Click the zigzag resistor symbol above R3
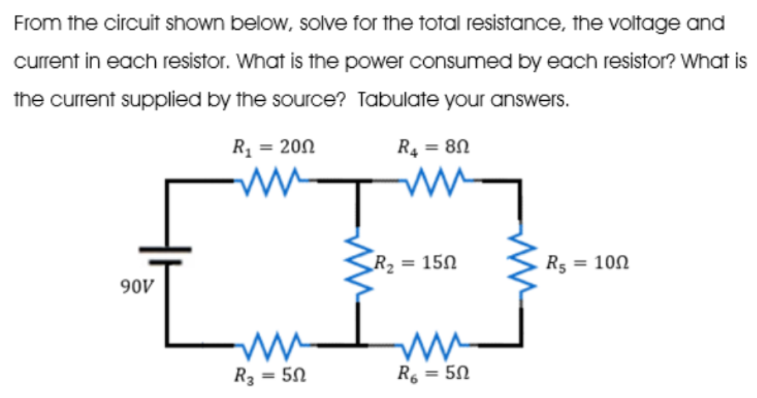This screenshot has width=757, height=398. click(269, 344)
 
